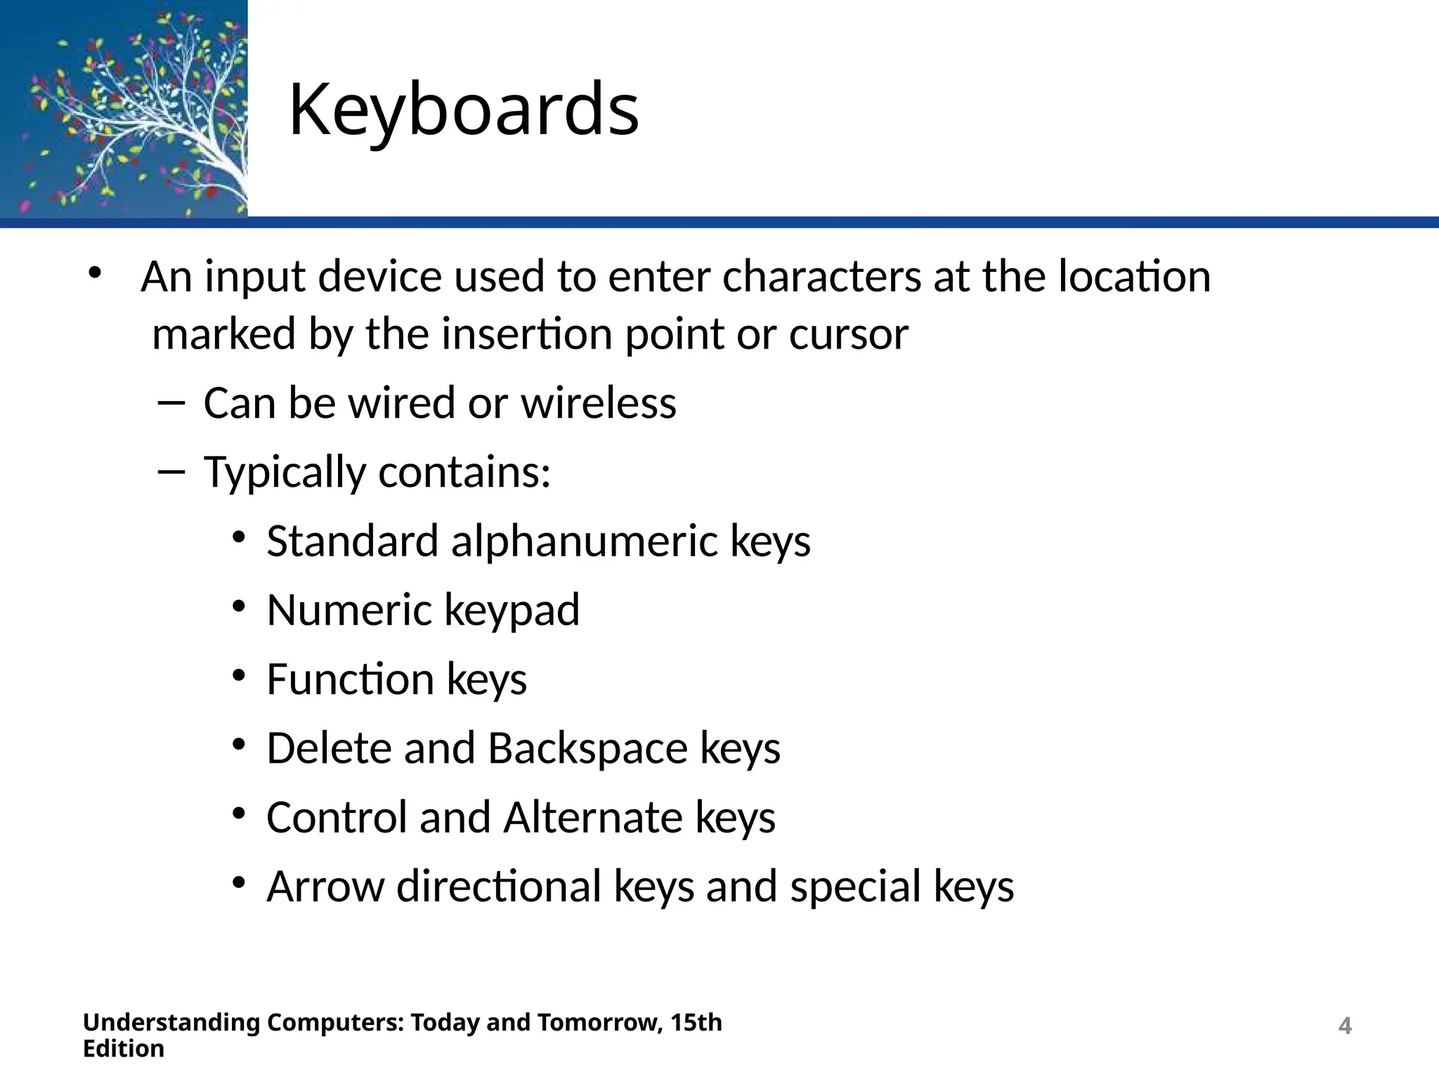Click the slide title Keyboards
tap(464, 110)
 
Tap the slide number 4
tap(1344, 1026)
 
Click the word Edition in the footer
tap(124, 1049)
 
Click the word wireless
tap(598, 403)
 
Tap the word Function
tap(350, 679)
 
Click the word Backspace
tap(587, 748)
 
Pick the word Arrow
tap(325, 887)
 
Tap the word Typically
tap(285, 472)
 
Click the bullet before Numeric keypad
tap(239, 606)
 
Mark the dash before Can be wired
tap(171, 403)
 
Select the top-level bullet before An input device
tap(94, 274)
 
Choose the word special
tap(855, 887)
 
